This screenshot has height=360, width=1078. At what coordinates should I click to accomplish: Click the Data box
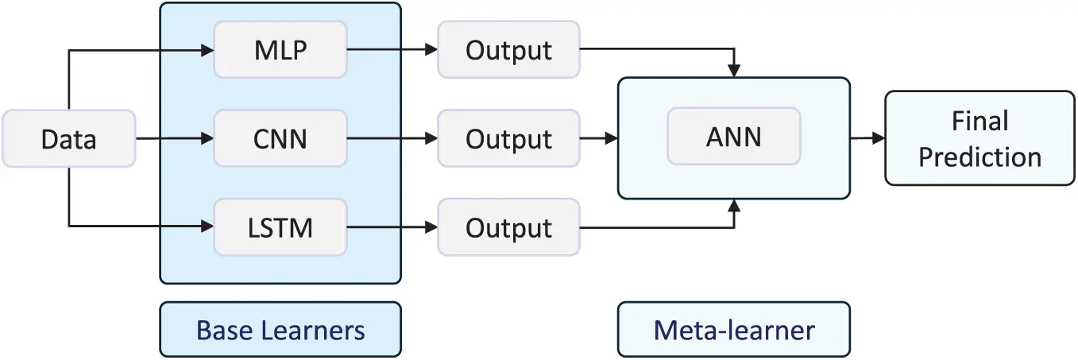[x=68, y=139]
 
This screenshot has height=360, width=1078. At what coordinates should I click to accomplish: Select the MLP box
[x=280, y=49]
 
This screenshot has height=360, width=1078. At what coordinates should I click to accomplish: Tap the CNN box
[x=280, y=139]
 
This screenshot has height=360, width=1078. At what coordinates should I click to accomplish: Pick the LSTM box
[x=280, y=228]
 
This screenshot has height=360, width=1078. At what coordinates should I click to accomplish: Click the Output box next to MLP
[x=508, y=49]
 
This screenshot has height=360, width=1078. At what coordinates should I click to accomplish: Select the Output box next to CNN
[x=508, y=139]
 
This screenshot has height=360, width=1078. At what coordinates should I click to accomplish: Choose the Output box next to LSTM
[x=508, y=228]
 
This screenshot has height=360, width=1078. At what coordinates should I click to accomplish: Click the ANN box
[x=733, y=137]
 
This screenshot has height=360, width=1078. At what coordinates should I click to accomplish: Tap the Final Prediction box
[x=979, y=139]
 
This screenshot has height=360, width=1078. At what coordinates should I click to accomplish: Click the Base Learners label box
[x=280, y=329]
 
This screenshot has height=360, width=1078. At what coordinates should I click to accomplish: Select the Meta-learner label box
[x=733, y=329]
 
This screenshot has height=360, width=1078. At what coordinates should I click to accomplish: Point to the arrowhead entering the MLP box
[x=207, y=50]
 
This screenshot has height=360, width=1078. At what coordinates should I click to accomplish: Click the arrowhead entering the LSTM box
[x=207, y=228]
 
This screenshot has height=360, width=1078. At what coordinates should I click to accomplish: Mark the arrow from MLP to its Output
[x=392, y=50]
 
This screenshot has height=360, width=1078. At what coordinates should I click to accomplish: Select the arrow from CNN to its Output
[x=392, y=139]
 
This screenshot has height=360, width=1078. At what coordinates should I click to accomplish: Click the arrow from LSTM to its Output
[x=392, y=228]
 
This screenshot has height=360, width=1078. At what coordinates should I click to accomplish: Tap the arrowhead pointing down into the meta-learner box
[x=736, y=71]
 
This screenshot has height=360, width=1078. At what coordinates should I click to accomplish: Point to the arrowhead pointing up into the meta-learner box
[x=736, y=206]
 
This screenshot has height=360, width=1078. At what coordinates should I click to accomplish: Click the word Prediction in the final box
[x=979, y=157]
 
